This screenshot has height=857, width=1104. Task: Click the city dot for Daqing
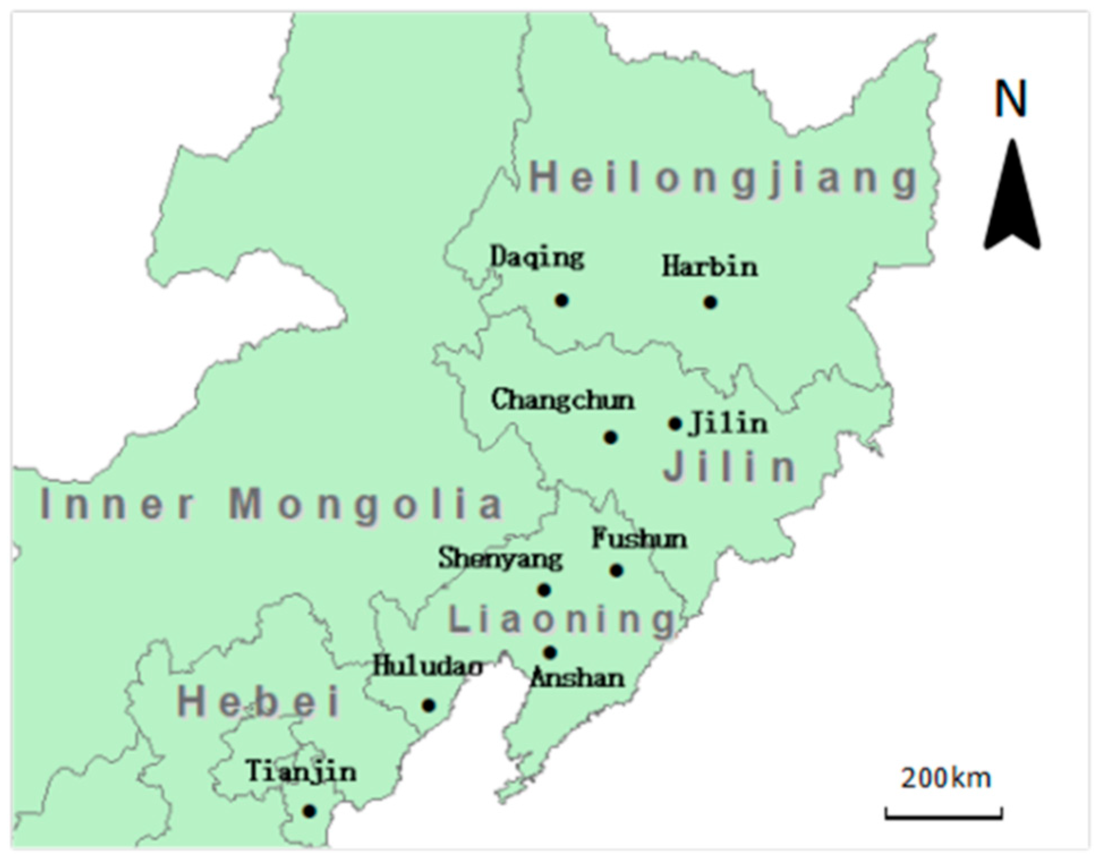point(561,300)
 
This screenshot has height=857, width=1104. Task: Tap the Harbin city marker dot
point(710,302)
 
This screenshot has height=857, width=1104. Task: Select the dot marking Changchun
point(610,437)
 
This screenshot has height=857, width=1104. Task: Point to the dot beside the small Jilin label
point(675,424)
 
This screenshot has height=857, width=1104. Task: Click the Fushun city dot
point(617,570)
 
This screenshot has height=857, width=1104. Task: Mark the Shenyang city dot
point(544,590)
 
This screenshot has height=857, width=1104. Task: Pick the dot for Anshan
point(550,653)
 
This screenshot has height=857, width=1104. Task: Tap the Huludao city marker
point(429,705)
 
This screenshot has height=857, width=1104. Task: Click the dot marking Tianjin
point(309,811)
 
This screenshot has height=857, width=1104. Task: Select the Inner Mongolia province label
point(272,504)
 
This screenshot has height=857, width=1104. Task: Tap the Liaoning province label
point(562,619)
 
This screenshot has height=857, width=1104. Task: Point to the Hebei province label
point(259,701)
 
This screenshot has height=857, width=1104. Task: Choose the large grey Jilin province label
point(731,468)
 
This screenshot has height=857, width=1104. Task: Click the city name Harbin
point(710,267)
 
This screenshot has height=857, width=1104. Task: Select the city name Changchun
point(562,400)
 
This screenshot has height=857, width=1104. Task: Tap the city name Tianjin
point(301,771)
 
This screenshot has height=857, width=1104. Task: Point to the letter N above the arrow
point(1011,99)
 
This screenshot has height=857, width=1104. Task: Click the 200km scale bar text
point(945,778)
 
